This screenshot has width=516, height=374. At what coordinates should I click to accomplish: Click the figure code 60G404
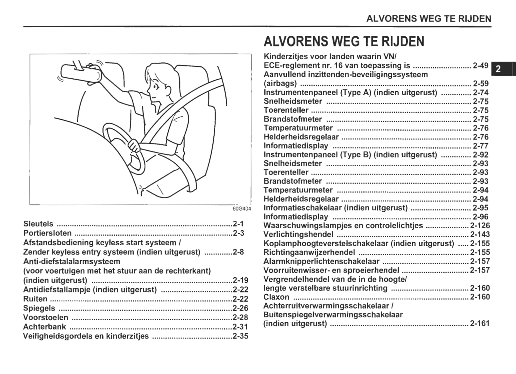tap(242, 209)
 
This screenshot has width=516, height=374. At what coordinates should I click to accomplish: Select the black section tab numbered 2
tap(498, 69)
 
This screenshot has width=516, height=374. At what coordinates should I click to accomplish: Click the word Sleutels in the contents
tap(38, 224)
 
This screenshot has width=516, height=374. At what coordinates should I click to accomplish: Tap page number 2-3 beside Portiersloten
tap(239, 233)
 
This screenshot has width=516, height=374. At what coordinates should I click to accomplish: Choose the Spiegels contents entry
tap(39, 308)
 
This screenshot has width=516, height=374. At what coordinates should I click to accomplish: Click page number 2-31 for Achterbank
tap(240, 327)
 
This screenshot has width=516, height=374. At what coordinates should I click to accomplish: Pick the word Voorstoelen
tap(46, 317)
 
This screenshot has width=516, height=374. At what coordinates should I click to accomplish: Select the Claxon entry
tap(276, 297)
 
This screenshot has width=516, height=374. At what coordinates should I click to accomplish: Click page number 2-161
tap(480, 324)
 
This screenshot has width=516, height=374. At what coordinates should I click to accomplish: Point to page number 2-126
tap(480, 226)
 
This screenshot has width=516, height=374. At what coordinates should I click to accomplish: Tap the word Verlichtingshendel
tap(298, 234)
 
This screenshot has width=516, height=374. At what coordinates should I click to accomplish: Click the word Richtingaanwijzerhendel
tap(309, 252)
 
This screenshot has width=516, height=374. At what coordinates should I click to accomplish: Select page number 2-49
tap(481, 65)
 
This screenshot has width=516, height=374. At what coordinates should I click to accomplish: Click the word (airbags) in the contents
tap(280, 84)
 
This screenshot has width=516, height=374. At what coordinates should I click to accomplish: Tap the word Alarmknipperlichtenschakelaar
tap(321, 261)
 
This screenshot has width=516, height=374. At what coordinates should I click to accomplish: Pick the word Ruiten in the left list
tap(35, 299)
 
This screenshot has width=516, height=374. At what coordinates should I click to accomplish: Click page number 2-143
tap(480, 234)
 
